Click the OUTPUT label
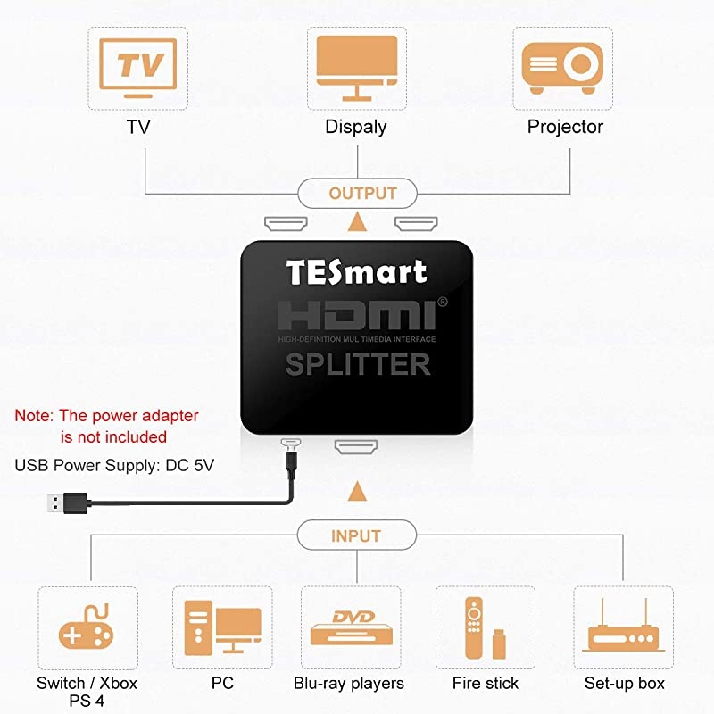pos(362,194)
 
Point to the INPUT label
pos(356,536)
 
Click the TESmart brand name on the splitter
pos(356,271)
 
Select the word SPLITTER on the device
pos(357,364)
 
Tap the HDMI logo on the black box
pos(357,318)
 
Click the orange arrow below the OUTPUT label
pos(357,221)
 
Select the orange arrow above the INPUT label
pos(357,490)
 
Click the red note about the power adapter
pos(107,426)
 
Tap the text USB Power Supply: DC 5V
pos(114,465)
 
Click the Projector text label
pos(565,127)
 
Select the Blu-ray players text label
pos(349,684)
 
